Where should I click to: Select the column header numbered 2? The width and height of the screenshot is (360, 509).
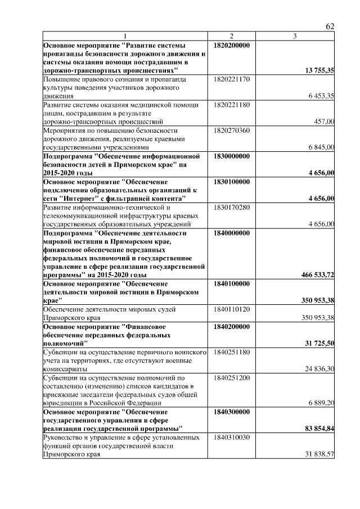click(x=231, y=37)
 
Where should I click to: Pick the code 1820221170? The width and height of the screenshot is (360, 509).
click(x=232, y=79)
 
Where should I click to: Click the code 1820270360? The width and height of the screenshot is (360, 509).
click(x=232, y=130)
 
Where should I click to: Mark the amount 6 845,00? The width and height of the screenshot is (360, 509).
click(x=321, y=147)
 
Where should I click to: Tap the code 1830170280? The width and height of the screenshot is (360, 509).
click(x=232, y=207)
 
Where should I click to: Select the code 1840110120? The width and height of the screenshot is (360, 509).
click(x=232, y=309)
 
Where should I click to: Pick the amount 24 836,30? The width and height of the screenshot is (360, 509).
click(x=319, y=368)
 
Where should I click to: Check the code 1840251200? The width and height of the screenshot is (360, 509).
click(x=232, y=377)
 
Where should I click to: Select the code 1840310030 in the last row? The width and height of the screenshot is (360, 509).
click(x=232, y=437)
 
